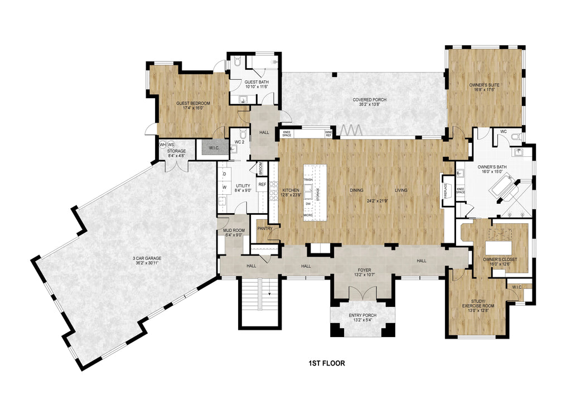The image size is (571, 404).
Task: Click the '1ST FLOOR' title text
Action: pos(326,363)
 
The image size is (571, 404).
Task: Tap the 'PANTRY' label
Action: pos(264,228)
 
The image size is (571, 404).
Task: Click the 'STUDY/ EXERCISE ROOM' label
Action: pos(478,303)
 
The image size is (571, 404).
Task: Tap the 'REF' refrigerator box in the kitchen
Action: pos(262,184)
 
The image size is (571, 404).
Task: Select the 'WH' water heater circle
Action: pos(163,145)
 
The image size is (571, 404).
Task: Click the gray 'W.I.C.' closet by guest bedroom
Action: pos(215,148)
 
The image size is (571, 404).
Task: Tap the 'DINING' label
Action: pos(357,191)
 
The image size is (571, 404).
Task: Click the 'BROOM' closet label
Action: pos(260,168)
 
